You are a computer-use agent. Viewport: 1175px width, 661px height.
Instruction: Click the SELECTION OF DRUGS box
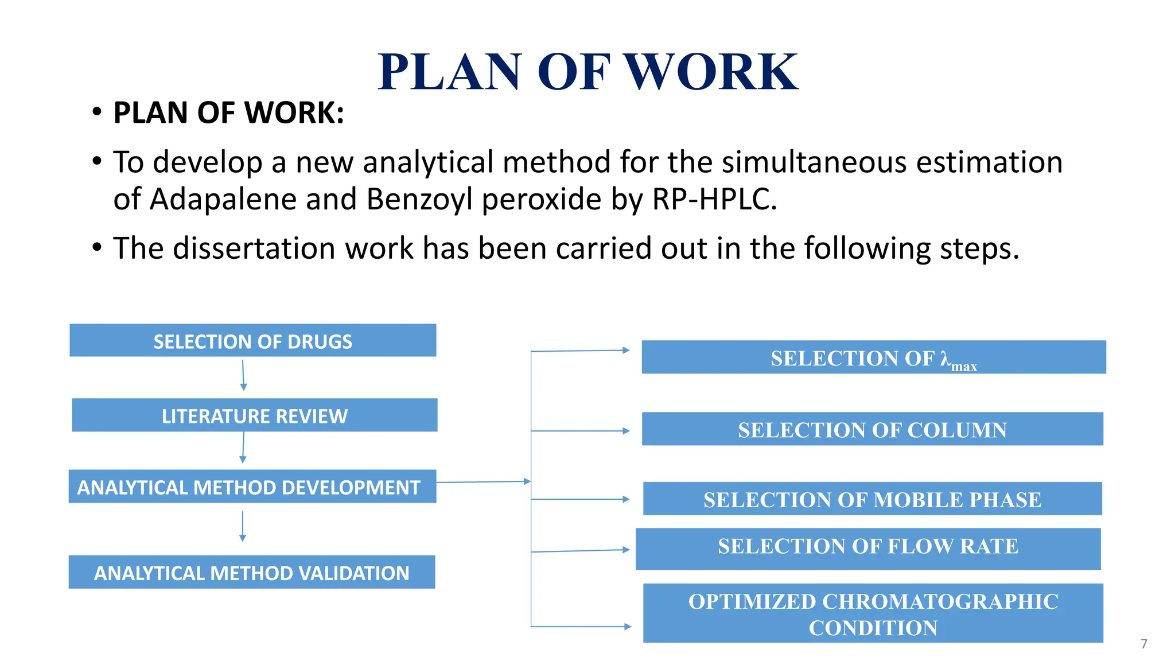click(253, 340)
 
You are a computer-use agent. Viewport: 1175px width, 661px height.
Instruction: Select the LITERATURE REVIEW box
click(255, 415)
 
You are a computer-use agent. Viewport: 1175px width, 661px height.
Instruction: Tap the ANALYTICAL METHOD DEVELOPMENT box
click(252, 487)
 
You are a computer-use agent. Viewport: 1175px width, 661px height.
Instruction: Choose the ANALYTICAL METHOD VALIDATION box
click(252, 572)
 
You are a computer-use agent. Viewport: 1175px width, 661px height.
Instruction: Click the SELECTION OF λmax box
click(874, 357)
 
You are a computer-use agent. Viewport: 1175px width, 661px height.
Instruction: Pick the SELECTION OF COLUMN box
click(873, 429)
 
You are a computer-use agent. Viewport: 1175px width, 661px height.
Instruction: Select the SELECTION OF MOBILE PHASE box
click(873, 499)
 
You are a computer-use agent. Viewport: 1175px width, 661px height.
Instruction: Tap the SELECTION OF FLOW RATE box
click(868, 549)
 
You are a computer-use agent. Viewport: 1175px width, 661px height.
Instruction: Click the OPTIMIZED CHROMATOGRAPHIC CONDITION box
click(873, 613)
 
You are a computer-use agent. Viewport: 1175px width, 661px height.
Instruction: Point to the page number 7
click(1144, 644)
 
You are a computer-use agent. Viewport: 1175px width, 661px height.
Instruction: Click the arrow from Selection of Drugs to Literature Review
click(243, 375)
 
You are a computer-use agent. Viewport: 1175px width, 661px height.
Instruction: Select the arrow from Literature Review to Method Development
click(243, 448)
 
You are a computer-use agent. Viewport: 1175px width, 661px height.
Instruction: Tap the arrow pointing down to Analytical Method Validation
click(243, 526)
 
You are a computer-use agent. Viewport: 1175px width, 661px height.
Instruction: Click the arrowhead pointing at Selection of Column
click(627, 431)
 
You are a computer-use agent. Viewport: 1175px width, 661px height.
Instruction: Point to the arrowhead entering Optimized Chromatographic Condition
click(628, 627)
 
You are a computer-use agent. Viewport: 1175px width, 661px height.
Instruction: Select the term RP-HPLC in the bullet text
click(714, 199)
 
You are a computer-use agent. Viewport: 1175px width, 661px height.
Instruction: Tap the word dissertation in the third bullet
click(293, 248)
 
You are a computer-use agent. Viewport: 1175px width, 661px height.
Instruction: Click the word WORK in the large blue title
click(711, 72)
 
